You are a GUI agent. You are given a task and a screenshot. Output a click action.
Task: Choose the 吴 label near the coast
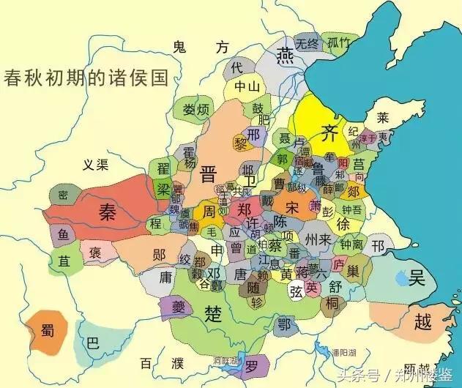(x=417, y=277)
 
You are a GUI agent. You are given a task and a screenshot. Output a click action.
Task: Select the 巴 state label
(x=92, y=343)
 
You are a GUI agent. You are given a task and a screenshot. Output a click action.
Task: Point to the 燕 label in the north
(x=286, y=61)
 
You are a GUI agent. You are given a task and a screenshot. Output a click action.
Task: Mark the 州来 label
(x=319, y=239)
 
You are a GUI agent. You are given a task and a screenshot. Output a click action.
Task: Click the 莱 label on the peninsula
(x=382, y=118)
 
